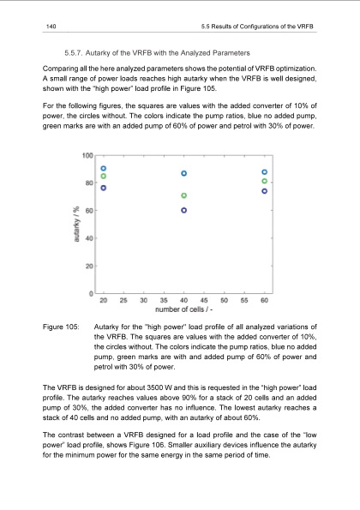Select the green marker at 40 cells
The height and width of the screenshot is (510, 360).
pos(184,195)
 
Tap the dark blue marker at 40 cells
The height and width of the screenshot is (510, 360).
pos(184,210)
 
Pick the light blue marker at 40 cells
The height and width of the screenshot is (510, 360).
pos(184,174)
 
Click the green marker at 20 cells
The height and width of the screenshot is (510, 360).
pos(104,177)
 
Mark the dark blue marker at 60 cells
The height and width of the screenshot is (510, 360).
pos(265,191)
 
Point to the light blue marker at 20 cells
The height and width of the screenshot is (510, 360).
pos(104,168)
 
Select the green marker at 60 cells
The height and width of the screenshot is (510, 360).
pos(265,182)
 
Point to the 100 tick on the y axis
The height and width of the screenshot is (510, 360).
pos(88,155)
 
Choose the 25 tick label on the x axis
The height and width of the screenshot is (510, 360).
pos(123,300)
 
